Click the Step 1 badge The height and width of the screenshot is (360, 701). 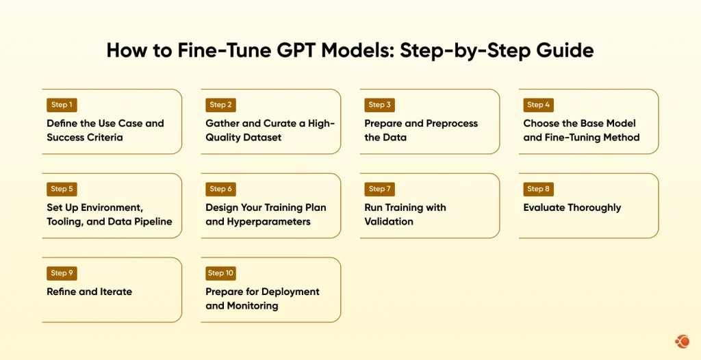(60, 105)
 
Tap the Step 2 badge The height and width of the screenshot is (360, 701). (220, 105)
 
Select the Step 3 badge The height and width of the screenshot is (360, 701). (379, 105)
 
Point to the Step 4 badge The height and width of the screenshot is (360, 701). (538, 105)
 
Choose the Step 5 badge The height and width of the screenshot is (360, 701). (61, 189)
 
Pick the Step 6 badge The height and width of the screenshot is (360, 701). (220, 189)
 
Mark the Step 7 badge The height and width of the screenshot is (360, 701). (379, 189)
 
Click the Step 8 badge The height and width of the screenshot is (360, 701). (538, 189)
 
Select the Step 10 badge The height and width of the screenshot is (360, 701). (220, 273)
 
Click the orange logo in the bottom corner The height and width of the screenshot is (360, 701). (682, 341)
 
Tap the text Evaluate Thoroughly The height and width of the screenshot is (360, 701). (572, 207)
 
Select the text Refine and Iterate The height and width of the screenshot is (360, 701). (89, 292)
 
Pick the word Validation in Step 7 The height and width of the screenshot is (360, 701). (389, 221)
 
